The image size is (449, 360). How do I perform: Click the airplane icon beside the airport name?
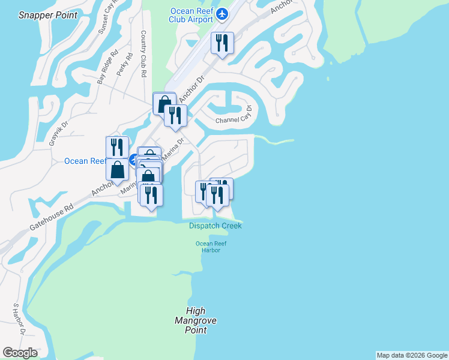pos(223,13)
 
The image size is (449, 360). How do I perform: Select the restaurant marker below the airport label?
pos(222,43)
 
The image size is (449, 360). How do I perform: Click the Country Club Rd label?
pos(143,54)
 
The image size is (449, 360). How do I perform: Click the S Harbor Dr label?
pos(19,319)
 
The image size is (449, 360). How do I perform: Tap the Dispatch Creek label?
pos(215,226)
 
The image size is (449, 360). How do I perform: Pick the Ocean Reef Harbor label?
pos(207,246)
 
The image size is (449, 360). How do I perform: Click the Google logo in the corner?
pos(19,353)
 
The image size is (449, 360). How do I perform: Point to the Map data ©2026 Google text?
pos(412,355)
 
